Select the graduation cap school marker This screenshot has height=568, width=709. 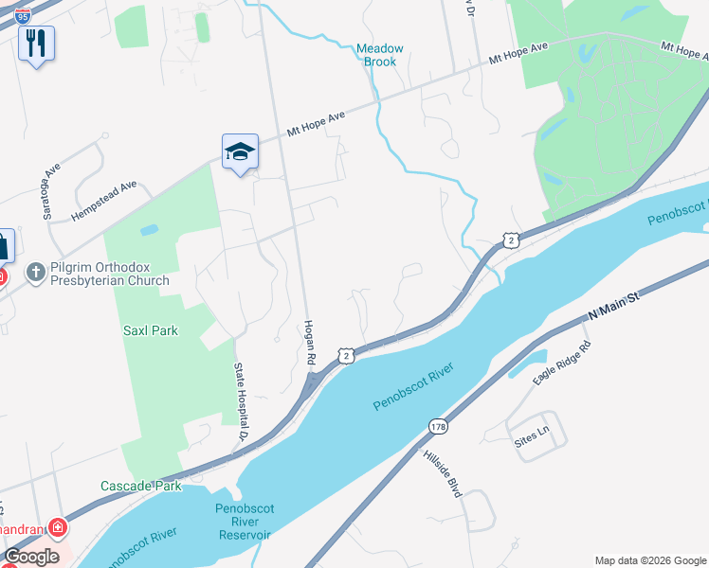pos(240,151)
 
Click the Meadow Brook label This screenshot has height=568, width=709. pos(379,55)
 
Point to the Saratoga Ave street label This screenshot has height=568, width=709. pos(52,189)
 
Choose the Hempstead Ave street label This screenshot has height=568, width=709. pos(104,201)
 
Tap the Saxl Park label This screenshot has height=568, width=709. pos(151,331)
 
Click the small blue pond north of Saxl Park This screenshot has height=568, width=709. pos(149,229)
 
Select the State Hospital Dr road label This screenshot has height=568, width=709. pos(241,402)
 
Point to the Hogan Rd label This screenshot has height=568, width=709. pos(308,342)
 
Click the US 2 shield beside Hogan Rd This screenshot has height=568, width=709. pos(345,355)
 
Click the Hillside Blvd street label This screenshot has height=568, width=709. pos(442,473)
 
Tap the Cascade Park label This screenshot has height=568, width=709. pos(141,486)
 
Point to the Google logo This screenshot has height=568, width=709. pos(31,557)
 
